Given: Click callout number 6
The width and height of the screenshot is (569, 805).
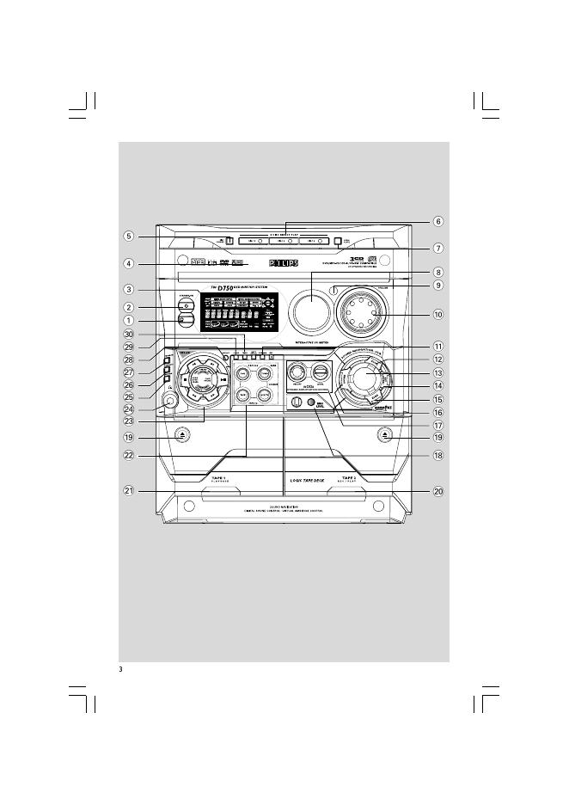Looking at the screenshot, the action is click(x=437, y=221).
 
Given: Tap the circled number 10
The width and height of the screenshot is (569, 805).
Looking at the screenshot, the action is click(x=437, y=314).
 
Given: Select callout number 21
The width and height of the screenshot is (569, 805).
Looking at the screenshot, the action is click(x=128, y=491).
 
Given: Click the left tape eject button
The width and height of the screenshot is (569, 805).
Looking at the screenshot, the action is click(x=182, y=436).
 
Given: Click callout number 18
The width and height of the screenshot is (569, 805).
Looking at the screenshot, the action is click(x=437, y=455).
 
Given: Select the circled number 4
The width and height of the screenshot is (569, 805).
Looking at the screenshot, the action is click(x=128, y=264).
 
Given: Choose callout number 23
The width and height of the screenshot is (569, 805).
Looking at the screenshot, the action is click(x=128, y=421).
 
